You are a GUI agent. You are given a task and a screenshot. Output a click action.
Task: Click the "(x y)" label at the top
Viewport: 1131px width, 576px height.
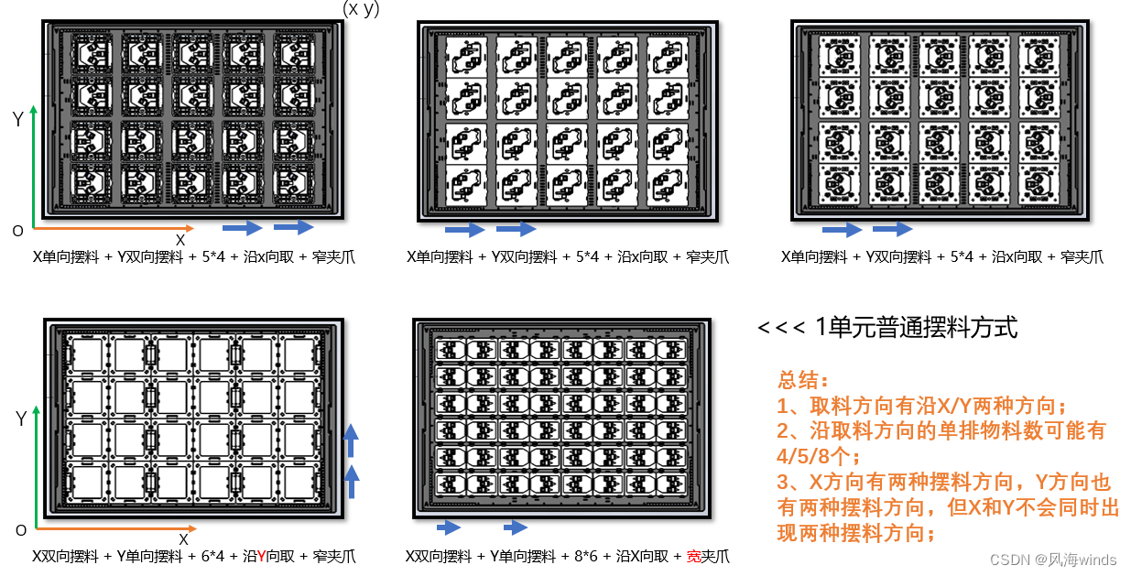361,9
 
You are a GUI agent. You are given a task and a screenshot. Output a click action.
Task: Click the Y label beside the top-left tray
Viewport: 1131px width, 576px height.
17,119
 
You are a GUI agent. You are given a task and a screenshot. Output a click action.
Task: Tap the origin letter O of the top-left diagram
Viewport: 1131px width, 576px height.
17,231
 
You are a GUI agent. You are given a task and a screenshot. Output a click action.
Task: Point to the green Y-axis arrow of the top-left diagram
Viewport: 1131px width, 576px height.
34,165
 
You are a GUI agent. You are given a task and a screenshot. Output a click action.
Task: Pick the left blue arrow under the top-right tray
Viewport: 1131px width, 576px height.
842,229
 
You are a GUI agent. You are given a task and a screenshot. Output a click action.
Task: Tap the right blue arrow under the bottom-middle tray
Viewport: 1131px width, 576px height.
516,527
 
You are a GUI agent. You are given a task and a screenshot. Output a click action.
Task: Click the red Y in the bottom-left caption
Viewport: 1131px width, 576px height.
262,556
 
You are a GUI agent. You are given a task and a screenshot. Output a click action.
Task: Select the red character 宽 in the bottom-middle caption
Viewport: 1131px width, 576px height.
693,556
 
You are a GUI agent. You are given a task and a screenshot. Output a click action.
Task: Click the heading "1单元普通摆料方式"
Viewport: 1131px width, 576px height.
916,328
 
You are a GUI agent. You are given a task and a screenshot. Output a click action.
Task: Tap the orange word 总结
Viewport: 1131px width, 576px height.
802,380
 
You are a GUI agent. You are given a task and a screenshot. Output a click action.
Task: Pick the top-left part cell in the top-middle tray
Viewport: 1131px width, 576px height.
464,57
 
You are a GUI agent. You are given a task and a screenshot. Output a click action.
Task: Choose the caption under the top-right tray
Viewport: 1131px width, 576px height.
941,257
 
